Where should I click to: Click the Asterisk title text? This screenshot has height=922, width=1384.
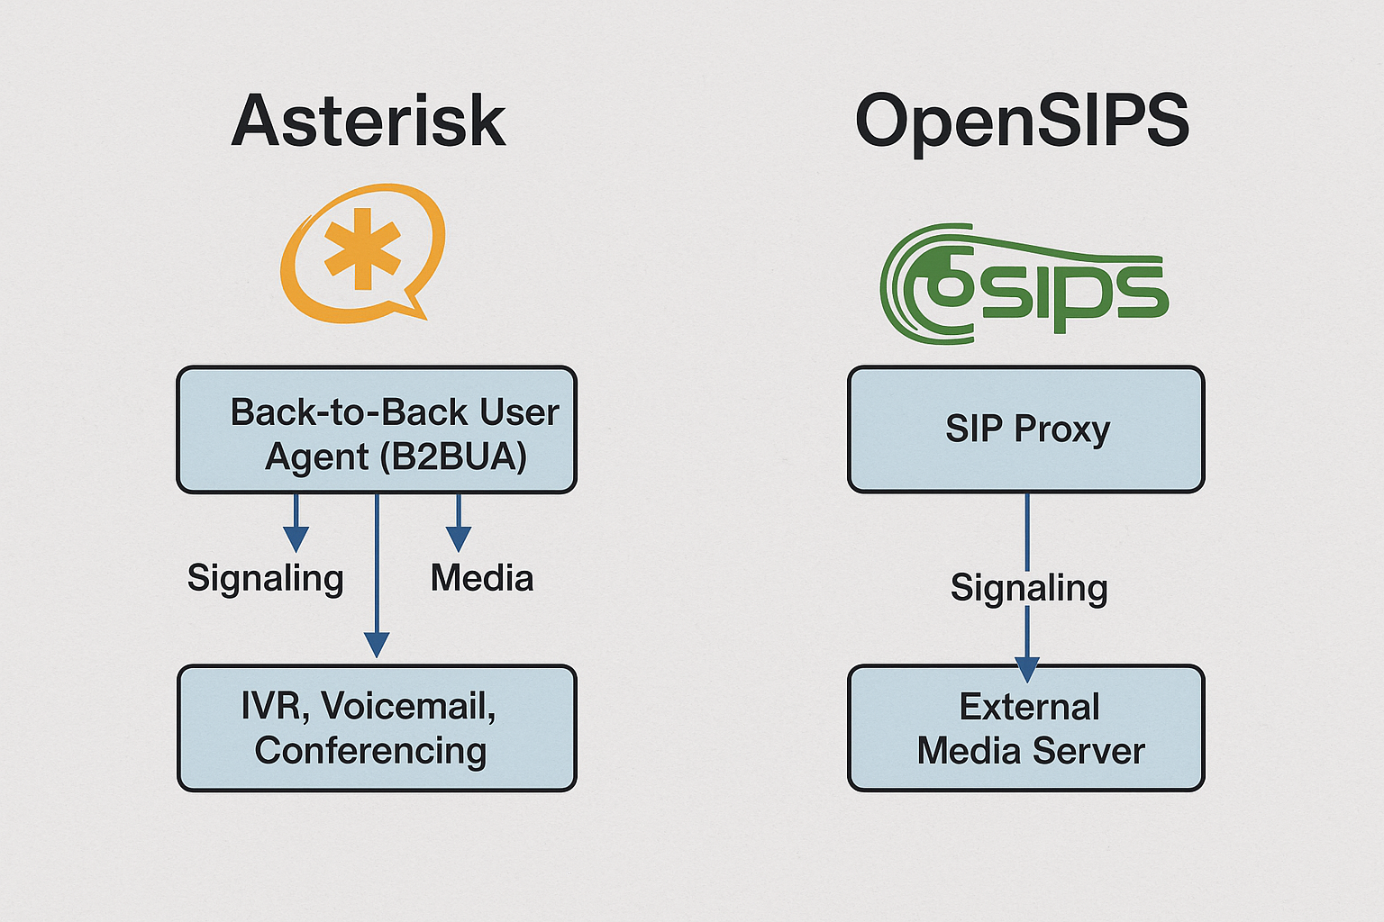[x=369, y=122]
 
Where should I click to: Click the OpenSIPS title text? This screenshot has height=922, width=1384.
[x=1022, y=122]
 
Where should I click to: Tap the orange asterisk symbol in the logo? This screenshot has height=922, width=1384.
[x=362, y=249]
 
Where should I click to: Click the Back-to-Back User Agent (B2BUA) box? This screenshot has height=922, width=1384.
[x=377, y=430]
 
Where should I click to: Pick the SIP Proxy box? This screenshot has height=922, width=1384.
[x=1025, y=429]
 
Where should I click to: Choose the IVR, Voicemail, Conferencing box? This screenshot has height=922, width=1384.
[x=377, y=728]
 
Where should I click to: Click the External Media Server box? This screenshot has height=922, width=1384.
[x=1025, y=728]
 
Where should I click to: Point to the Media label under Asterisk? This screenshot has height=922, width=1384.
[x=482, y=578]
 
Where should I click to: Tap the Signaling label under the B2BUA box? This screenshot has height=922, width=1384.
[x=266, y=578]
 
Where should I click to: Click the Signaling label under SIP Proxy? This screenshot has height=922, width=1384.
[x=1029, y=588]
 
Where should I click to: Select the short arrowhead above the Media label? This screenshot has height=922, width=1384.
[x=459, y=538]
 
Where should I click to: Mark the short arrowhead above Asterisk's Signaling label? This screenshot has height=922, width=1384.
[x=296, y=538]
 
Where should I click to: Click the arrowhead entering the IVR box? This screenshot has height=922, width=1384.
[x=377, y=645]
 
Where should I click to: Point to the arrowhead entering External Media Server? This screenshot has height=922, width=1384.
[x=1027, y=669]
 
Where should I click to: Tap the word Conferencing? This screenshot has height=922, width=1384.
[x=370, y=751]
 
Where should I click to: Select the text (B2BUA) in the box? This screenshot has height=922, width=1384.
[x=452, y=457]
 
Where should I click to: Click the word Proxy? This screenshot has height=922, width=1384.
[x=1062, y=429]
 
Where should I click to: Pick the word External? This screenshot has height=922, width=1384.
[x=1030, y=707]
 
